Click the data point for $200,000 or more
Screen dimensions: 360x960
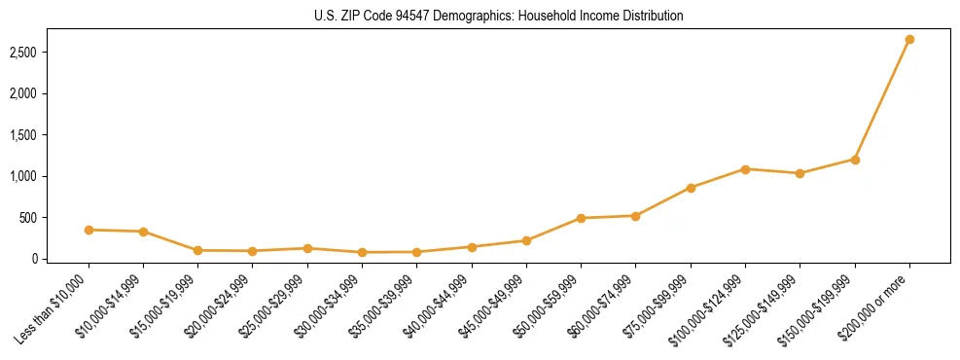[909, 39]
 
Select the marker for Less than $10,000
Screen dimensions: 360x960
[89, 230]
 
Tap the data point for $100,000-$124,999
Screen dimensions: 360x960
[745, 169]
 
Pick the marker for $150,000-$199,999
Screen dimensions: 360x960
[855, 160]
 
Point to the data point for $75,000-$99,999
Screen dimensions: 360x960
[691, 188]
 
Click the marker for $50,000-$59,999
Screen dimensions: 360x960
[581, 218]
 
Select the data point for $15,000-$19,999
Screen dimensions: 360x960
[197, 250]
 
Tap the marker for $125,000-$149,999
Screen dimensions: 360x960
[800, 173]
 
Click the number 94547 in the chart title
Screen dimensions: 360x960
[413, 16]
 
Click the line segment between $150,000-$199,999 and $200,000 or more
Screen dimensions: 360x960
[882, 99]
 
